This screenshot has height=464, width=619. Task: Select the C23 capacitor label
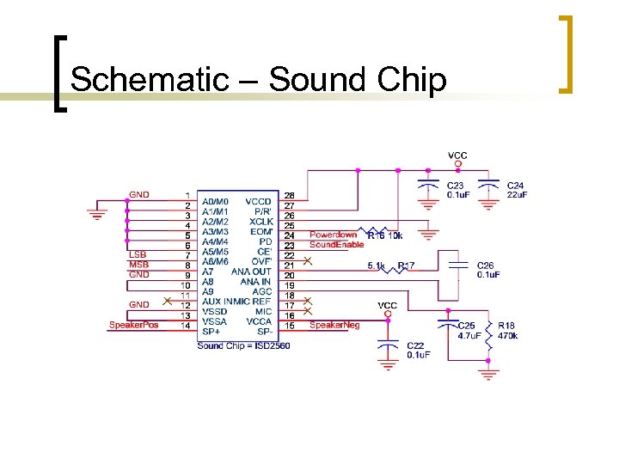[456, 186]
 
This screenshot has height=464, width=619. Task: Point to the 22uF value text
[518, 195]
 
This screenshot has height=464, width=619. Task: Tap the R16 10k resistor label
[384, 235]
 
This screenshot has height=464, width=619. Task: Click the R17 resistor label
[406, 266]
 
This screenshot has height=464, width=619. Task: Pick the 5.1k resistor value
[377, 266]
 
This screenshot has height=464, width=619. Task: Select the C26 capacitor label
[487, 266]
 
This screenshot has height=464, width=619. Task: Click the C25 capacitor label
[466, 326]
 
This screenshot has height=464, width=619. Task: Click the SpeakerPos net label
[133, 325]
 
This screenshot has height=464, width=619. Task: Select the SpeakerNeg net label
[334, 325]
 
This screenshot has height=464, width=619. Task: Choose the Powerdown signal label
[333, 235]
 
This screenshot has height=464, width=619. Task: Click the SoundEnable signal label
[336, 245]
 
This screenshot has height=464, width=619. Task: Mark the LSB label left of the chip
[138, 254]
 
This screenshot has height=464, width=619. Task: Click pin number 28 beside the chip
[290, 196]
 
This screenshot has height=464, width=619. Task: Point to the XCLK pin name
[260, 221]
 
